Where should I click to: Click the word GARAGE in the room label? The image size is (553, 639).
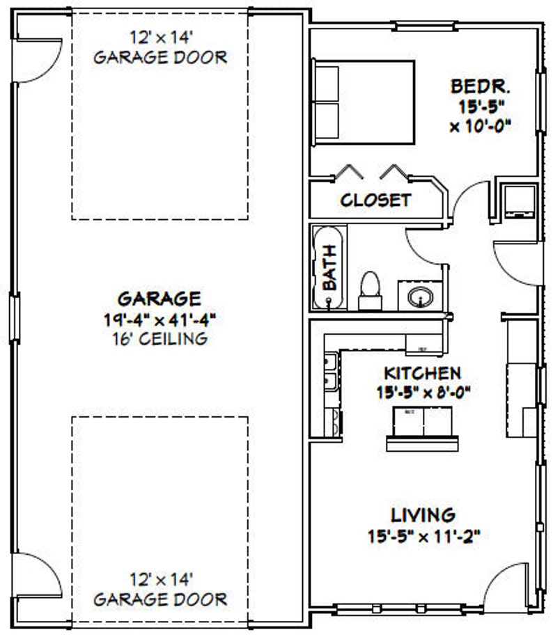click(x=159, y=299)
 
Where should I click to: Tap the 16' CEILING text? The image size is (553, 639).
click(x=159, y=340)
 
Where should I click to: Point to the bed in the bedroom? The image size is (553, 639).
click(x=363, y=102)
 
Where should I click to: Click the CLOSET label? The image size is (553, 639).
click(x=375, y=200)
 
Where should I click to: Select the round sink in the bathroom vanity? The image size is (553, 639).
click(x=420, y=297)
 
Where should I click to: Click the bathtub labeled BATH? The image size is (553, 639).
click(x=328, y=267)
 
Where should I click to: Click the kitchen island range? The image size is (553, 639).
click(x=423, y=421)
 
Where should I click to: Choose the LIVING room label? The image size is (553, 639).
click(x=423, y=515)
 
